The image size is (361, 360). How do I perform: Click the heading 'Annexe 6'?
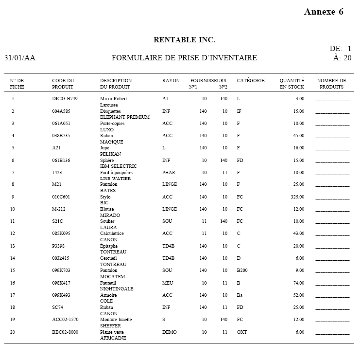click(x=324, y=12)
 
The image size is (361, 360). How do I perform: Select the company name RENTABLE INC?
click(x=184, y=40)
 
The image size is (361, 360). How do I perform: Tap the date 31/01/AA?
click(x=20, y=58)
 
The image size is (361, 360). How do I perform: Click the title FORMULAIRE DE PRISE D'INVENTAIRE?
click(x=184, y=58)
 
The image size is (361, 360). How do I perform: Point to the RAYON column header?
click(x=171, y=81)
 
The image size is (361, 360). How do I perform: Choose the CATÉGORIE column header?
click(x=251, y=81)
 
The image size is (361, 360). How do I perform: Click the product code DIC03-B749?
click(x=65, y=99)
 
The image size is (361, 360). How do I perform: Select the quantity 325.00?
click(x=296, y=197)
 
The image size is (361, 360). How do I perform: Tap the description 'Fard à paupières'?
click(x=117, y=173)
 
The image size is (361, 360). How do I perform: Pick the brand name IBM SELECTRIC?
click(x=119, y=166)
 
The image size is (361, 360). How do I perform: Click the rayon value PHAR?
click(x=169, y=173)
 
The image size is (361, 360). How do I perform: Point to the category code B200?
click(x=242, y=270)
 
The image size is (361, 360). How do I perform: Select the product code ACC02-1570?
click(x=65, y=320)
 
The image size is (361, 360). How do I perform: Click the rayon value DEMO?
click(x=170, y=332)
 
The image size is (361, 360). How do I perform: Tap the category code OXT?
click(x=242, y=332)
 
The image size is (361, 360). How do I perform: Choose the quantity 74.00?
click(x=298, y=283)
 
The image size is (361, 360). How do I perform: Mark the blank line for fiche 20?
click(x=332, y=333)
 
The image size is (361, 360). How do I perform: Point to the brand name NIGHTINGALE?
click(x=116, y=289)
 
